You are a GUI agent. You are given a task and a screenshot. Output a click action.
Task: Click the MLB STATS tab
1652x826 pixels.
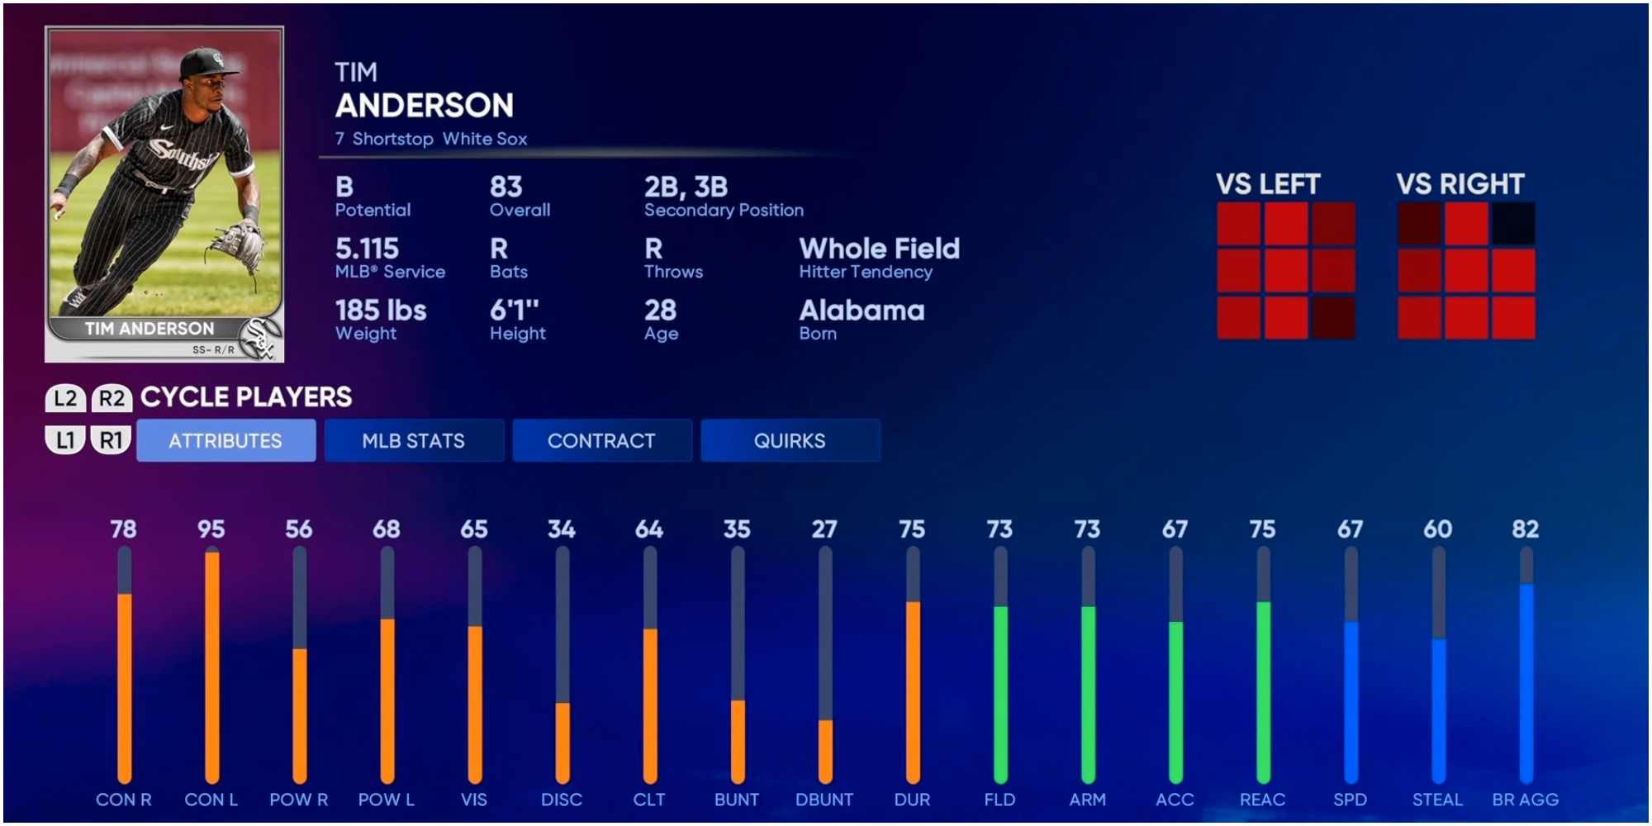point(414,440)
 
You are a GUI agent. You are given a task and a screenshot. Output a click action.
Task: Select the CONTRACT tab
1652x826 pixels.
point(601,440)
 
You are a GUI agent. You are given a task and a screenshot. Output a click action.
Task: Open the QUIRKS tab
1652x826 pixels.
point(790,440)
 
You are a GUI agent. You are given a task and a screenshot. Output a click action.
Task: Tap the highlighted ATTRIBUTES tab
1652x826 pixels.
point(225,440)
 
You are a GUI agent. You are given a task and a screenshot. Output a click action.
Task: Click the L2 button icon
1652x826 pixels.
point(65,398)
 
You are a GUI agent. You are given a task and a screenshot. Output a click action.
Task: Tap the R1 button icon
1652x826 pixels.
point(111,440)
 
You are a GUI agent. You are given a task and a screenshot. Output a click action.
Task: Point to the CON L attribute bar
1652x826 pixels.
point(211,666)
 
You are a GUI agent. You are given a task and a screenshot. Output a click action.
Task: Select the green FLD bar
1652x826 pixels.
point(1000,694)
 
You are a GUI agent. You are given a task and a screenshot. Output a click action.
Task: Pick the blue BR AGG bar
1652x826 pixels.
point(1526,681)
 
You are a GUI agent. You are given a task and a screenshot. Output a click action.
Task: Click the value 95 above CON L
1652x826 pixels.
point(211,529)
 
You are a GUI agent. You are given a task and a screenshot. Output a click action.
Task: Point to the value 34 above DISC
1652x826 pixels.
point(562,529)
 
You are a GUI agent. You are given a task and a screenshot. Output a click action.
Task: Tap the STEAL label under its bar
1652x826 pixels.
point(1437,800)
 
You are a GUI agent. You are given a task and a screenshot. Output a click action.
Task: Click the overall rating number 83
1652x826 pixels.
point(506,187)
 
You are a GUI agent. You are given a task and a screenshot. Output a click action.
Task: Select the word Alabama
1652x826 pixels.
point(862,311)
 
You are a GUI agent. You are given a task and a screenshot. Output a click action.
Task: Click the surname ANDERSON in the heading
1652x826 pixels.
point(425,106)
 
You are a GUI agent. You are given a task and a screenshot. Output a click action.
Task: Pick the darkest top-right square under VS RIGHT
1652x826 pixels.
point(1513,224)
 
